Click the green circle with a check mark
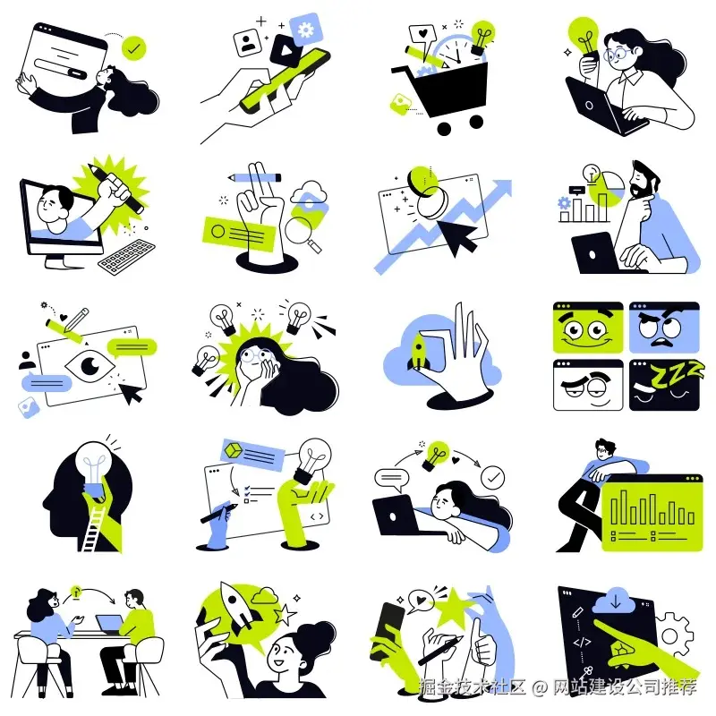click(x=133, y=48)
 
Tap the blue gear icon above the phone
click(x=305, y=30)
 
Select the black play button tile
click(x=286, y=50)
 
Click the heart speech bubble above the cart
click(x=422, y=36)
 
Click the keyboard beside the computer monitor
click(x=126, y=257)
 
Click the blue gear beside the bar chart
click(x=565, y=203)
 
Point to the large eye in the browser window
click(x=90, y=365)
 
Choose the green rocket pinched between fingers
click(x=418, y=351)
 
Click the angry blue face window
click(x=664, y=327)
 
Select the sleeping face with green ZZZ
click(x=664, y=386)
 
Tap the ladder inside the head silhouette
click(x=94, y=528)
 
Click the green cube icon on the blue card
click(x=234, y=451)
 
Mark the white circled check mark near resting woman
click(x=493, y=478)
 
